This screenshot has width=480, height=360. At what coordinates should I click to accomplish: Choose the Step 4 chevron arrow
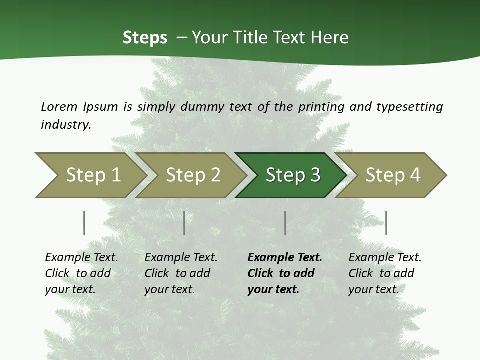coord(392,175)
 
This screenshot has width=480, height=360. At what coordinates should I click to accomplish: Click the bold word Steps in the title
coord(145,38)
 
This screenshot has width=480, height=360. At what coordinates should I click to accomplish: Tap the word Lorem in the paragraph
coord(59,106)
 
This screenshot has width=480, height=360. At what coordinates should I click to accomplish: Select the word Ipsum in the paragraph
coord(101,107)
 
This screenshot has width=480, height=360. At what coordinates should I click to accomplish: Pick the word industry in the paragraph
coord(66,124)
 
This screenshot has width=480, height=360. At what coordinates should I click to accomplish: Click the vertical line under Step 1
coord(84,223)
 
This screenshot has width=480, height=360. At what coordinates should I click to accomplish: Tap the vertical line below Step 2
coord(184,223)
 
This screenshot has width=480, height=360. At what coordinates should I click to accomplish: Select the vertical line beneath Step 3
coord(285,223)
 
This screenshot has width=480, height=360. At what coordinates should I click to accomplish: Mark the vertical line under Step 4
coord(386,223)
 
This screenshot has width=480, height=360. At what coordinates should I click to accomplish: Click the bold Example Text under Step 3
coord(285,257)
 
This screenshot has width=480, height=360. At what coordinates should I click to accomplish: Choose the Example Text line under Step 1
coord(81,257)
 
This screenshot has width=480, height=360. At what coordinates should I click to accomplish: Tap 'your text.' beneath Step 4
coord(373,289)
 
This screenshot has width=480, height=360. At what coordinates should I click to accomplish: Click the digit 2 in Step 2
coord(215,175)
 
